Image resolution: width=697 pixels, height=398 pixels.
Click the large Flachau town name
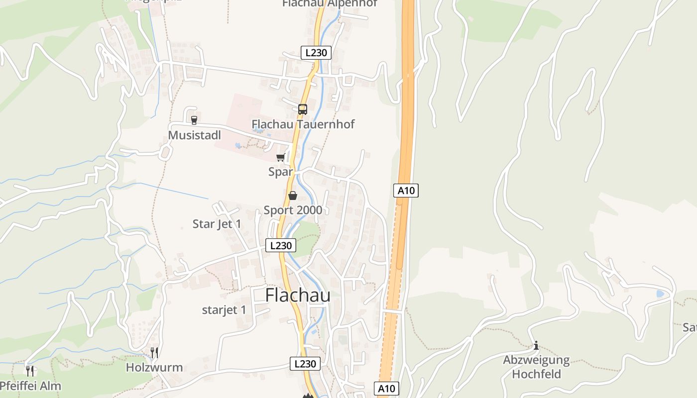coord(298,295)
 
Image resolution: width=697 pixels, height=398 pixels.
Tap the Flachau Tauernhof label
coord(303,124)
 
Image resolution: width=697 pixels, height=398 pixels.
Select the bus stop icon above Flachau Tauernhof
coord(302,109)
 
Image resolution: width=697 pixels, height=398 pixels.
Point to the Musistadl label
coord(194,135)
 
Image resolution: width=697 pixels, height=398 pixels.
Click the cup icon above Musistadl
coord(194,120)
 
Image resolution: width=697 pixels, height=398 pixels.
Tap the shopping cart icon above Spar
coord(280,158)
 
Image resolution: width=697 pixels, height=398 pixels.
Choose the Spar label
coord(280,172)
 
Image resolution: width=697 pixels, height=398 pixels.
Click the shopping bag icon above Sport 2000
coord(293,196)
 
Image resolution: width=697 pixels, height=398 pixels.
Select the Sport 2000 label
coord(293,210)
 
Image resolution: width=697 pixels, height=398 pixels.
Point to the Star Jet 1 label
coord(217,224)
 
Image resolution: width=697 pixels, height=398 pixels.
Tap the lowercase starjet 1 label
coord(224,310)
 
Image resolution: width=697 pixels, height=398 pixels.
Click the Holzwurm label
coord(154,368)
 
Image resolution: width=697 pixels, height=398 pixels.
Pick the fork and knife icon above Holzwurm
coord(154,353)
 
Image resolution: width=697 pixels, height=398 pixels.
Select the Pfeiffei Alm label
coord(31,386)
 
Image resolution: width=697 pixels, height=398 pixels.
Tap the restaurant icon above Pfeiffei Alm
coord(30,371)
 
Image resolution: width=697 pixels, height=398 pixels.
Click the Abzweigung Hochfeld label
coord(536,367)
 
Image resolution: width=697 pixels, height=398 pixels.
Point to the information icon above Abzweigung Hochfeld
coord(536,345)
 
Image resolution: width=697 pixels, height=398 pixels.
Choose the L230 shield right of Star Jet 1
coord(281,245)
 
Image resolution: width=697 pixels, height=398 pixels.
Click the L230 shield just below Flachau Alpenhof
coord(316,52)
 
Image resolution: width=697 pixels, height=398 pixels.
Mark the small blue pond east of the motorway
coord(660,294)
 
